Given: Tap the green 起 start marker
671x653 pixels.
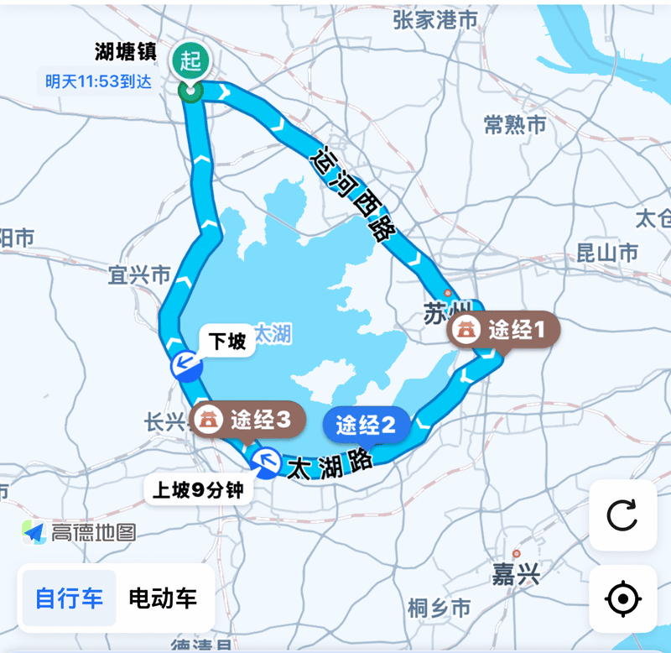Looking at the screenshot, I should coord(191,61).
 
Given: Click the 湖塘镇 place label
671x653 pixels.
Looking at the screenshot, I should coord(126,51).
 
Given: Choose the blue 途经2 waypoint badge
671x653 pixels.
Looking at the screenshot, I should coord(367,425).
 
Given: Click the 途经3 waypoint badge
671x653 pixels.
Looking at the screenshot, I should coord(244,420).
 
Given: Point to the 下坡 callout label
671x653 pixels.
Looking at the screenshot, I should coord(226,342).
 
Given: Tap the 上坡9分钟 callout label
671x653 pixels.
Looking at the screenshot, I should coord(200,489).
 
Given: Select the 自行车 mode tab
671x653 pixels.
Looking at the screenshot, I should coord(70,598).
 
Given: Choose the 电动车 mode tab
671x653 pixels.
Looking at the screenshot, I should coord(163,598).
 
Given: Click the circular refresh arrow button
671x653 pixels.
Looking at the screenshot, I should coord(622,515).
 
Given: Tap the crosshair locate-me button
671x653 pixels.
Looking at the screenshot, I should coord(622,599).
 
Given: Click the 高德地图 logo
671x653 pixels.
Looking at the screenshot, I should coord(80,531).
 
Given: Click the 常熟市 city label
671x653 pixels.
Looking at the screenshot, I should coord(515,125).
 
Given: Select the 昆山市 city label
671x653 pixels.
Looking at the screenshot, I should coord(607,252).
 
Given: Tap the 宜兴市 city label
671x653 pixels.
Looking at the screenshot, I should coord(139,274).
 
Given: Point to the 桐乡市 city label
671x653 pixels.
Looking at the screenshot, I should coord(439,607).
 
